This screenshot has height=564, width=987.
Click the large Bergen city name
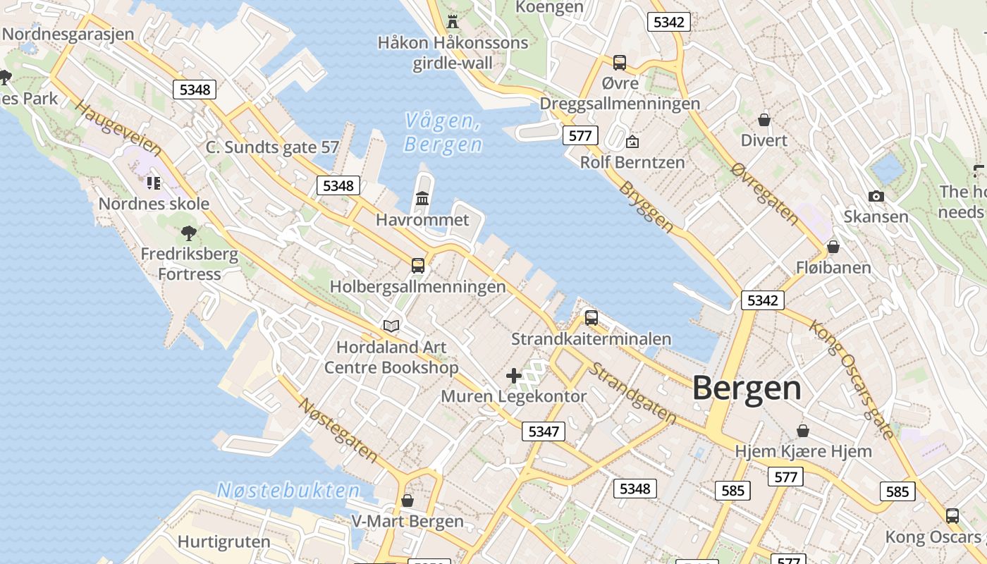pyautogui.click(x=747, y=388)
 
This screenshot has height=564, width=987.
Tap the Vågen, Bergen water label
pyautogui.click(x=443, y=133)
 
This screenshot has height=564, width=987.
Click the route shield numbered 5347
pyautogui.click(x=543, y=431)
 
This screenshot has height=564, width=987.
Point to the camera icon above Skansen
pyautogui.click(x=876, y=197)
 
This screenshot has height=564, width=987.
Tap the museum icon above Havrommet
pyautogui.click(x=422, y=199)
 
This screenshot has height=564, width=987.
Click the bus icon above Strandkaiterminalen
pyautogui.click(x=591, y=318)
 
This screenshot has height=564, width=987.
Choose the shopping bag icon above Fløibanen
pyautogui.click(x=833, y=247)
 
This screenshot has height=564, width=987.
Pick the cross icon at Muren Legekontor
pyautogui.click(x=514, y=375)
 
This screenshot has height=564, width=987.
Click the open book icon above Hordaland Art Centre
pyautogui.click(x=391, y=326)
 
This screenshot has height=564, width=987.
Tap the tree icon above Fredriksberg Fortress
pyautogui.click(x=189, y=232)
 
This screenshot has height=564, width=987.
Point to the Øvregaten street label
pyautogui.click(x=765, y=194)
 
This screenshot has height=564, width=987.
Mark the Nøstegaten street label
pyautogui.click(x=338, y=431)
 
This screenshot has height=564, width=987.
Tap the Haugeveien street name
pyautogui.click(x=118, y=130)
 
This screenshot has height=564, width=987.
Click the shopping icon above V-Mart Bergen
pyautogui.click(x=407, y=501)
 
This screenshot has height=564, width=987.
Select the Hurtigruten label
pyautogui.click(x=224, y=542)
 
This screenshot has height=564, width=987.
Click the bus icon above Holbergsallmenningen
pyautogui.click(x=418, y=266)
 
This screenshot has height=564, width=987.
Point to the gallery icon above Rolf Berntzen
pyautogui.click(x=632, y=142)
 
